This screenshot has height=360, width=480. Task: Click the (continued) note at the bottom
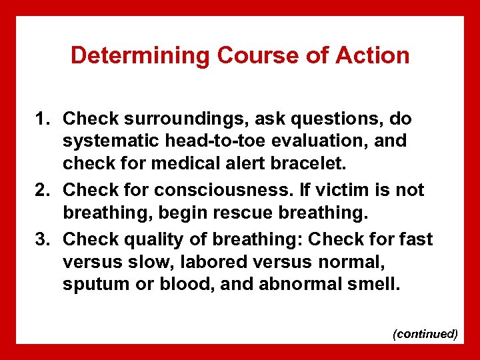425,333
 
